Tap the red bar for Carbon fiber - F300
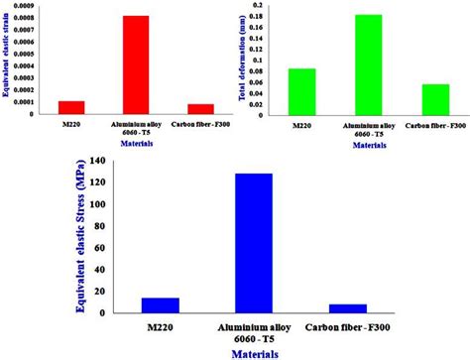point(200,109)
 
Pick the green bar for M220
point(302,92)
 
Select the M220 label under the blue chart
point(132,326)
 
